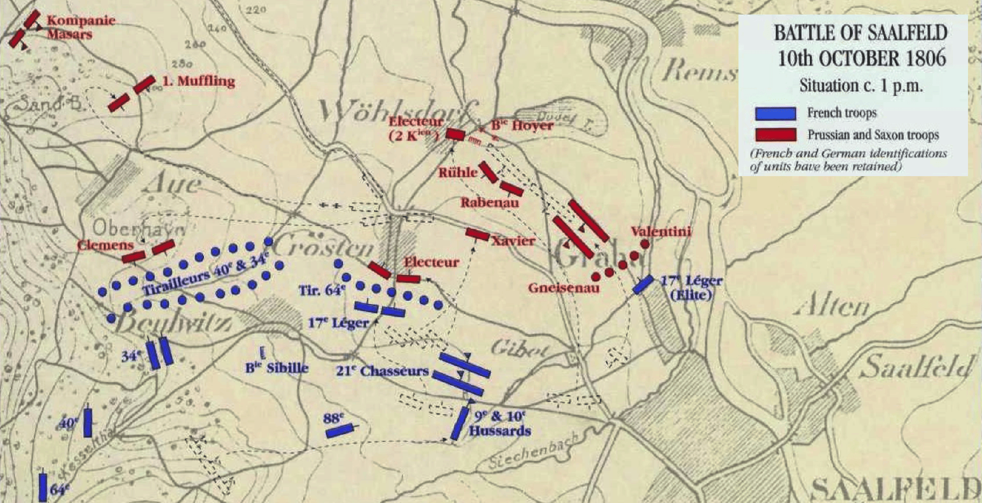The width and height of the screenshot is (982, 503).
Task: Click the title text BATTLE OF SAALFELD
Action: [860, 33]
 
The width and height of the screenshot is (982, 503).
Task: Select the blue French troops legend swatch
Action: [775, 113]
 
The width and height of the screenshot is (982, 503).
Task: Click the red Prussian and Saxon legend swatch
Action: [775, 135]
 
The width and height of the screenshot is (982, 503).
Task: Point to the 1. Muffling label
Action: [198, 81]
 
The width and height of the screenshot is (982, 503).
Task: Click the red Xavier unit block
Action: [477, 234]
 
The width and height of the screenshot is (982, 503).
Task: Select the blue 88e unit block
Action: [340, 430]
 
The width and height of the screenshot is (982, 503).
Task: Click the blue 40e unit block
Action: [88, 422]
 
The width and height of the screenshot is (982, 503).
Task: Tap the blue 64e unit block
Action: [43, 487]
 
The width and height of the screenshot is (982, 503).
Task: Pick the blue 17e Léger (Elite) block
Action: [643, 284]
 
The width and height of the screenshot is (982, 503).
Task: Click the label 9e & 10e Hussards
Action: [500, 424]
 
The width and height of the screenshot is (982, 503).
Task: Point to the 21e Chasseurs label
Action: [382, 371]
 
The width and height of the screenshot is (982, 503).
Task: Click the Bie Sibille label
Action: [277, 368]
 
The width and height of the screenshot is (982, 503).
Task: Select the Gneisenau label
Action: [564, 288]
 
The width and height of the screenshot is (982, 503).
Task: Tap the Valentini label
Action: [661, 232]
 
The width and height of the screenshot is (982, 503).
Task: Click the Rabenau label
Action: [489, 203]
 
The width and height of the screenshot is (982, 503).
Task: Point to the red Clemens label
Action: [105, 245]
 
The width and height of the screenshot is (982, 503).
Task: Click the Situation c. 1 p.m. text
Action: [860, 85]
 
